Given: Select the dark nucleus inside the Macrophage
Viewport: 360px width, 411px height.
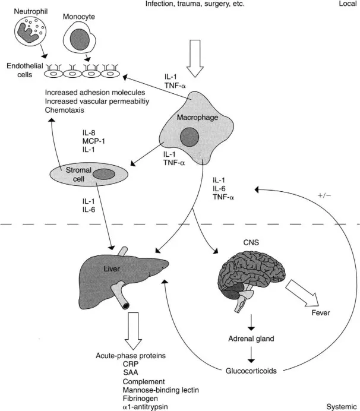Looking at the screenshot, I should (x=190, y=137).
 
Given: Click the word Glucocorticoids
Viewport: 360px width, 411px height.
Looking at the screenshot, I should (x=254, y=369).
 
